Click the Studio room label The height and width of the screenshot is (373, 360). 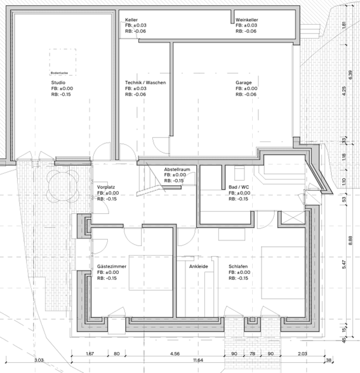click(58, 82)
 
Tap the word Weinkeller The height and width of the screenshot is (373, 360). click(246, 20)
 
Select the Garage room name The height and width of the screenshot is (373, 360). click(244, 82)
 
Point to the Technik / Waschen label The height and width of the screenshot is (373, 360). click(145, 82)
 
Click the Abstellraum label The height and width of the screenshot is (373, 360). click(177, 169)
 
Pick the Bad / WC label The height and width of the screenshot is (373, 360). click(239, 187)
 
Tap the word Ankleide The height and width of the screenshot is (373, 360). click(198, 266)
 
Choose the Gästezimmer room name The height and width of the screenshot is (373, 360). click(112, 266)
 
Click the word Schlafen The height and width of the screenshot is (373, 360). click(238, 266)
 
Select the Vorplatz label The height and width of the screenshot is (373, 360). click(105, 187)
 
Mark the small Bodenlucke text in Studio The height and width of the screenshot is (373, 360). click(59, 73)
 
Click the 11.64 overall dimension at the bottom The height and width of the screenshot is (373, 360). click(198, 360)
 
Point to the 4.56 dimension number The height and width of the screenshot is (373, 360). click(175, 354)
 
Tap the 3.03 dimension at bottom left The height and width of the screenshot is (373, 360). click(39, 360)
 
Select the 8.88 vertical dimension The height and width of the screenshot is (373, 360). click(350, 241)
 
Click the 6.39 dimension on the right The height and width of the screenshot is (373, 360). click(350, 75)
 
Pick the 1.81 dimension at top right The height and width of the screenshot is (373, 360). click(343, 25)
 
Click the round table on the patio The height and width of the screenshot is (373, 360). click(63, 186)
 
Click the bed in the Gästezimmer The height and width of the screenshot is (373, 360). click(150, 273)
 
